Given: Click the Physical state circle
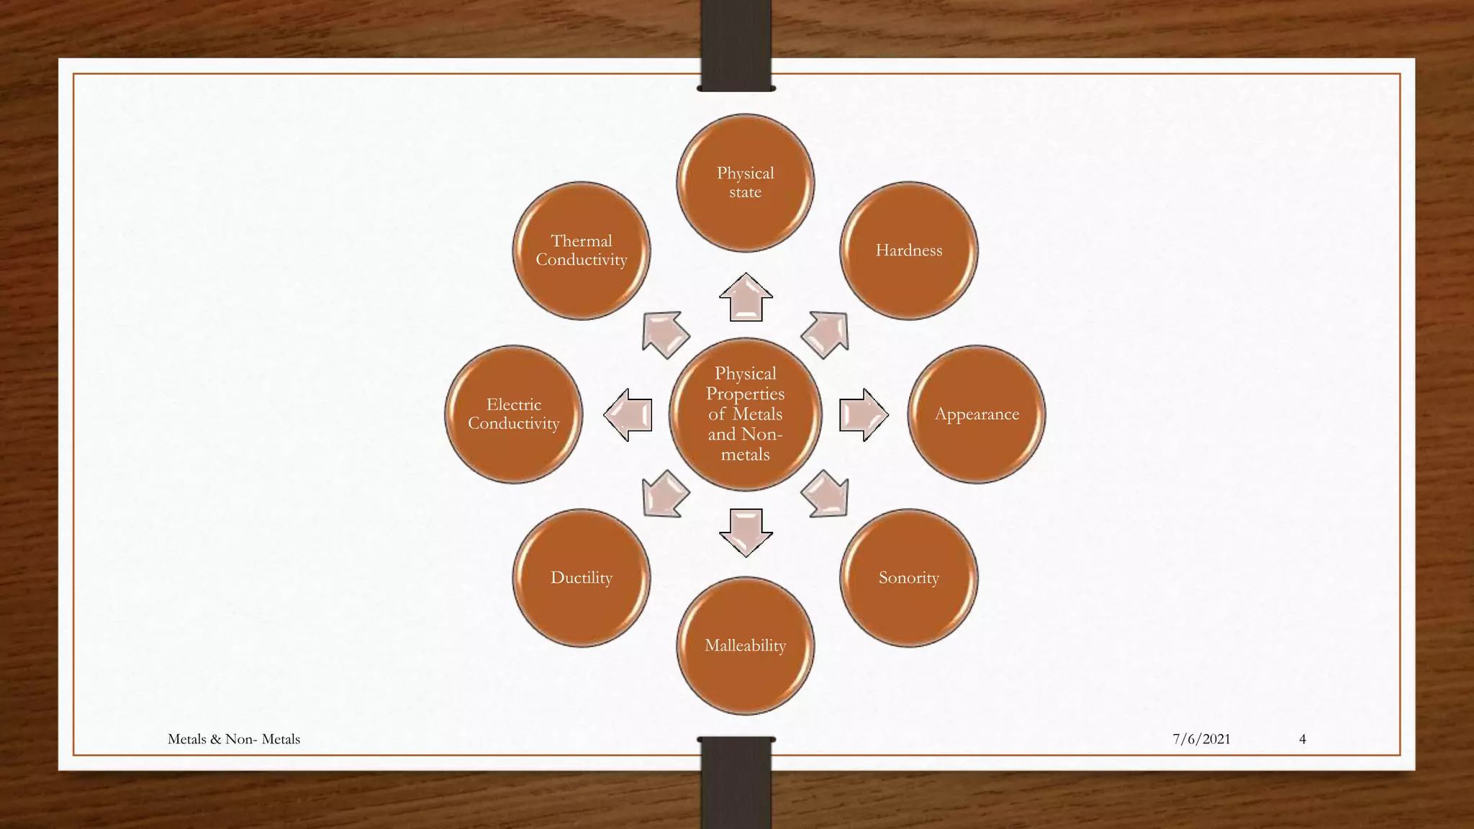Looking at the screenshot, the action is (745, 183).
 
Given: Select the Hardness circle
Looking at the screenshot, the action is (908, 250).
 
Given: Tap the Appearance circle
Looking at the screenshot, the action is (977, 414).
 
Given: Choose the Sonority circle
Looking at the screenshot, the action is (908, 578).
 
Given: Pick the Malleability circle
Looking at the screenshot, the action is (745, 645).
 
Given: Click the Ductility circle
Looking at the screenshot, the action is (582, 578).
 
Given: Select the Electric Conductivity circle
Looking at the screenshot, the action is (514, 414).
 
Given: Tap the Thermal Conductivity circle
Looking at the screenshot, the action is (582, 250).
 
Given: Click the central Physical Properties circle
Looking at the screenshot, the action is (745, 414).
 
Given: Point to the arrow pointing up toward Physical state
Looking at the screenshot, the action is (746, 297).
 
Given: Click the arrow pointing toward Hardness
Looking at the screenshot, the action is (826, 334).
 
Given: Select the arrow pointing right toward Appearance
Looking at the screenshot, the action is (864, 414).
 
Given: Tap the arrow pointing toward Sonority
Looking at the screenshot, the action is (826, 494).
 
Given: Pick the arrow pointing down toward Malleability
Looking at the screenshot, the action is (746, 533).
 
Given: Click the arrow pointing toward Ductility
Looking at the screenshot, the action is (665, 494).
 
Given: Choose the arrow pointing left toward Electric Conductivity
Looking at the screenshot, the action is (628, 414).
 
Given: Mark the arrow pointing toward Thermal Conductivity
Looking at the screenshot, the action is (665, 334).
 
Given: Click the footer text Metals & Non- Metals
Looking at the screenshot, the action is (234, 739).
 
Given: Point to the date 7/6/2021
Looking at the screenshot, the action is (1201, 739).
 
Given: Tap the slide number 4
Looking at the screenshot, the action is (1302, 739).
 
